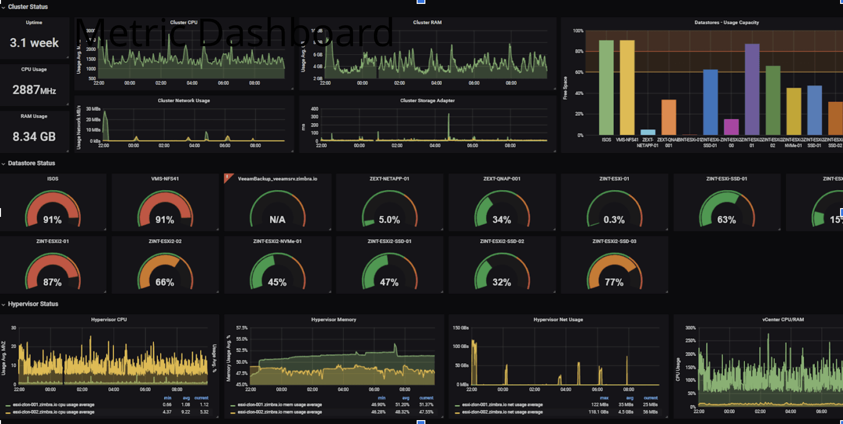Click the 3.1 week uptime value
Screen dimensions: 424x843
tap(34, 43)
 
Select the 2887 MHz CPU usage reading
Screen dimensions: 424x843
tap(34, 90)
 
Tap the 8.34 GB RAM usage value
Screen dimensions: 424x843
tap(34, 137)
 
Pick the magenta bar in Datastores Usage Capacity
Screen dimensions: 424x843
tap(731, 127)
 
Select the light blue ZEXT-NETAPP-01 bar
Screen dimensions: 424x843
tap(648, 132)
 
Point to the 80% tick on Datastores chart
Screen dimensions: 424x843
tap(579, 51)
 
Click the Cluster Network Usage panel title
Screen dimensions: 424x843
tap(184, 101)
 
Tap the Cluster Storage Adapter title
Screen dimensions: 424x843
tap(427, 101)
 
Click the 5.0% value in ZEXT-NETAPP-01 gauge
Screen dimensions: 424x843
tap(389, 220)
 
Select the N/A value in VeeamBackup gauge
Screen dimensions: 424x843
tap(277, 220)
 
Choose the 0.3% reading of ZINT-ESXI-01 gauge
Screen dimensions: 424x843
tap(614, 220)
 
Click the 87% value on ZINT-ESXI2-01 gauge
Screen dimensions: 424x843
tap(52, 282)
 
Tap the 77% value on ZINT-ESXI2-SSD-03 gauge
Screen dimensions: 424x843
tap(614, 282)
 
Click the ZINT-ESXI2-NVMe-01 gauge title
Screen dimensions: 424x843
tap(277, 241)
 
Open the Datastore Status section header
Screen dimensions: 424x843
tap(32, 163)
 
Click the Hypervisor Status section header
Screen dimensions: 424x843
tap(33, 304)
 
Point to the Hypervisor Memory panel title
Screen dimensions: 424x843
tap(334, 319)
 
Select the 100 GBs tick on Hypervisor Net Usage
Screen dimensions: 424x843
tap(460, 346)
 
